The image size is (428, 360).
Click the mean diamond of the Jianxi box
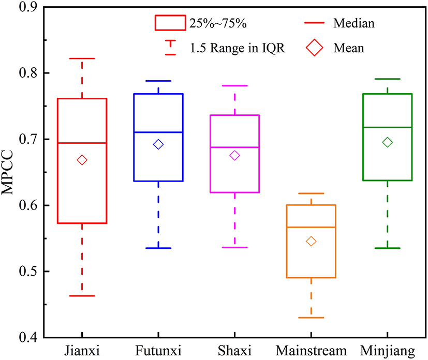tap(82, 160)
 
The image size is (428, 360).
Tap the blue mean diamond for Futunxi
tap(158, 144)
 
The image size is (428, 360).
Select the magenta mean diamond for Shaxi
tap(234, 155)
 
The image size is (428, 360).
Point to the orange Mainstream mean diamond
tap(311, 241)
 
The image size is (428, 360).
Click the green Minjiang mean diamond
tap(387, 142)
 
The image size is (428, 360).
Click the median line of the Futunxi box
tap(158, 132)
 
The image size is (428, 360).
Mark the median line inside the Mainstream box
tap(311, 227)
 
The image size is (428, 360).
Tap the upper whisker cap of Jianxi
tap(82, 58)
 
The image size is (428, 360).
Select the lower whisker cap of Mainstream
tap(311, 318)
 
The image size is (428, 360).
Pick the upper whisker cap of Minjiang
tap(387, 79)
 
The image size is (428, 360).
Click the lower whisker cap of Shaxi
tap(234, 247)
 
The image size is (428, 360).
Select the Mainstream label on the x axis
tap(311, 352)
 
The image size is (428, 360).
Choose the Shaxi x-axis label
tap(234, 352)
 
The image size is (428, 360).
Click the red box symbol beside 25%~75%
tap(170, 23)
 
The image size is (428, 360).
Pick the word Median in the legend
tap(354, 23)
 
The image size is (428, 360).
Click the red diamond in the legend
tap(314, 48)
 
